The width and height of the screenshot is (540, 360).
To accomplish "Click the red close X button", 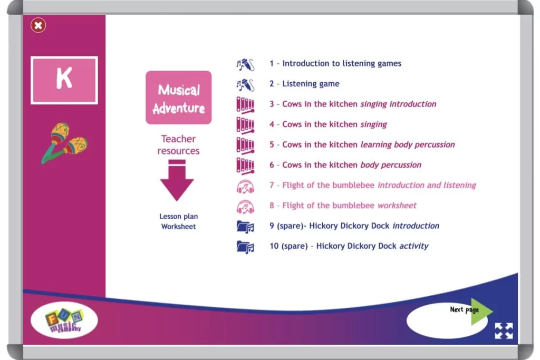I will tap(38, 25).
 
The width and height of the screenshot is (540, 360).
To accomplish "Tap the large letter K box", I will tap(64, 80).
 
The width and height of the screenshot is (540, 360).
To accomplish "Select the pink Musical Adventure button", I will tap(178, 98).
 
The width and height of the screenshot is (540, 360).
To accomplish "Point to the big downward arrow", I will tap(177, 181).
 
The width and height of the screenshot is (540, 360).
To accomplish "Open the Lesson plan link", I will tap(178, 217).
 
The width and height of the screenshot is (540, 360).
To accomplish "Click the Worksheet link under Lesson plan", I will tap(178, 227).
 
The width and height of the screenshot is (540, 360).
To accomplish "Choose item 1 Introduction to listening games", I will tap(335, 63).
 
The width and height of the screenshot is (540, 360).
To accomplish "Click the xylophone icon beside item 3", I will tap(245, 104).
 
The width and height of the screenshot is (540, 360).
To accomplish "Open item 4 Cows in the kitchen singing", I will tap(328, 124).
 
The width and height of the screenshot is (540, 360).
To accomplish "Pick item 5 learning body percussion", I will tap(362, 144).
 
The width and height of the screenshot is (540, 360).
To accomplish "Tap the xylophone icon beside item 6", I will tap(245, 165).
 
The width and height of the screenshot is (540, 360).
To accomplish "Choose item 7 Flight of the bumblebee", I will tap(372, 185).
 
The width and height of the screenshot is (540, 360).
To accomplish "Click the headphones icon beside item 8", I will tap(245, 206).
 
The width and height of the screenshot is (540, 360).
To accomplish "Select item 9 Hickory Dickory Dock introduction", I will tap(354, 226).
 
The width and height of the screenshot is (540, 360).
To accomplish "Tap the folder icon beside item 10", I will tap(245, 246).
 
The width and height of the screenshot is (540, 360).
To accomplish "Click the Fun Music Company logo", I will tap(64, 319).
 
